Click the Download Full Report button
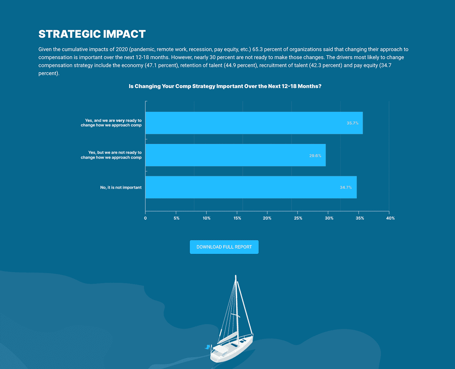[224, 247]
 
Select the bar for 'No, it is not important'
[251, 187]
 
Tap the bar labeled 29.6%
[235, 155]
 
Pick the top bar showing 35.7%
[254, 123]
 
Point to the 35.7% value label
[353, 123]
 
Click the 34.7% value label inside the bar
[345, 187]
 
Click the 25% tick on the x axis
[298, 218]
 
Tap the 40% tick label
[390, 218]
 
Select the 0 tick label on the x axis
[145, 218]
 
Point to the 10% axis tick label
[207, 218]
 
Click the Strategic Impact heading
[92, 34]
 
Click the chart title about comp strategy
[225, 86]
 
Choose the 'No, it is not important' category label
[121, 187]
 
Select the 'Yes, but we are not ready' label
[111, 155]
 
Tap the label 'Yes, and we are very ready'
[111, 123]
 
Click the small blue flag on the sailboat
[207, 347]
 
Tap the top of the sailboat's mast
[236, 275]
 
